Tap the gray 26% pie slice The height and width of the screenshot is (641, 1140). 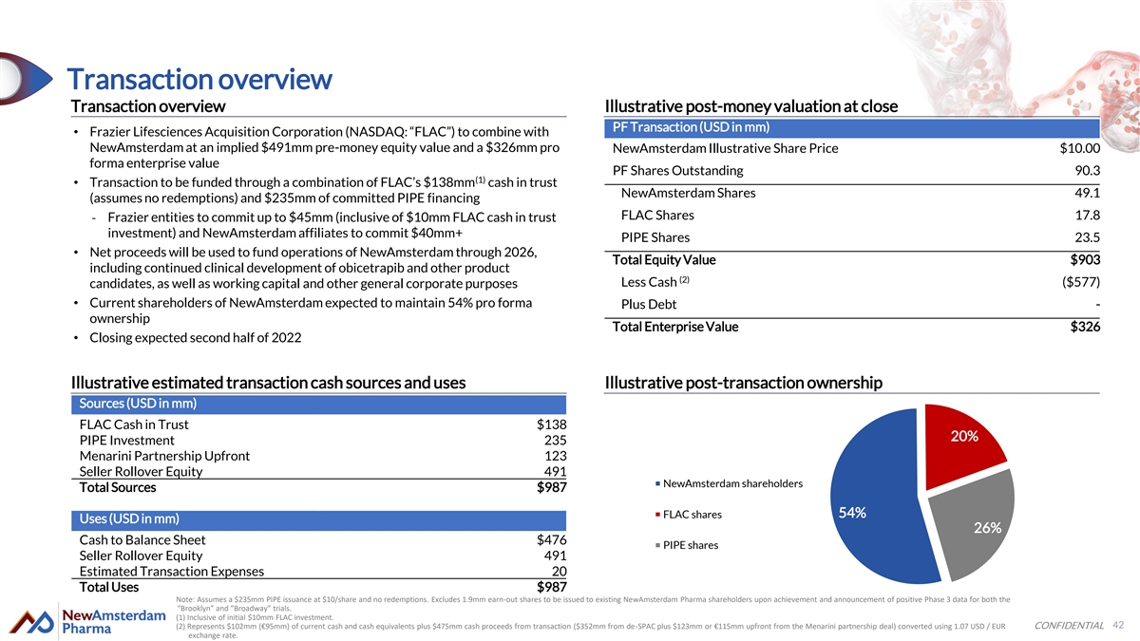point(974,527)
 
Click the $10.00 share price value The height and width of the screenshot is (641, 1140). point(1079,148)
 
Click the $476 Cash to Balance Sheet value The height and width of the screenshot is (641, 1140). point(551,540)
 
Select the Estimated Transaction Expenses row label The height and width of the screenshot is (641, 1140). point(172,571)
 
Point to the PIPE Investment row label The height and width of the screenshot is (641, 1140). point(126,441)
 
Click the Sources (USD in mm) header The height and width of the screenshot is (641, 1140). point(138,404)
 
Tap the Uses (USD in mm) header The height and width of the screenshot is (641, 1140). point(128,519)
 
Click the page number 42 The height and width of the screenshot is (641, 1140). point(1118,625)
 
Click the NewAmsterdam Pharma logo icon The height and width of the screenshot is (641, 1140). point(27,624)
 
